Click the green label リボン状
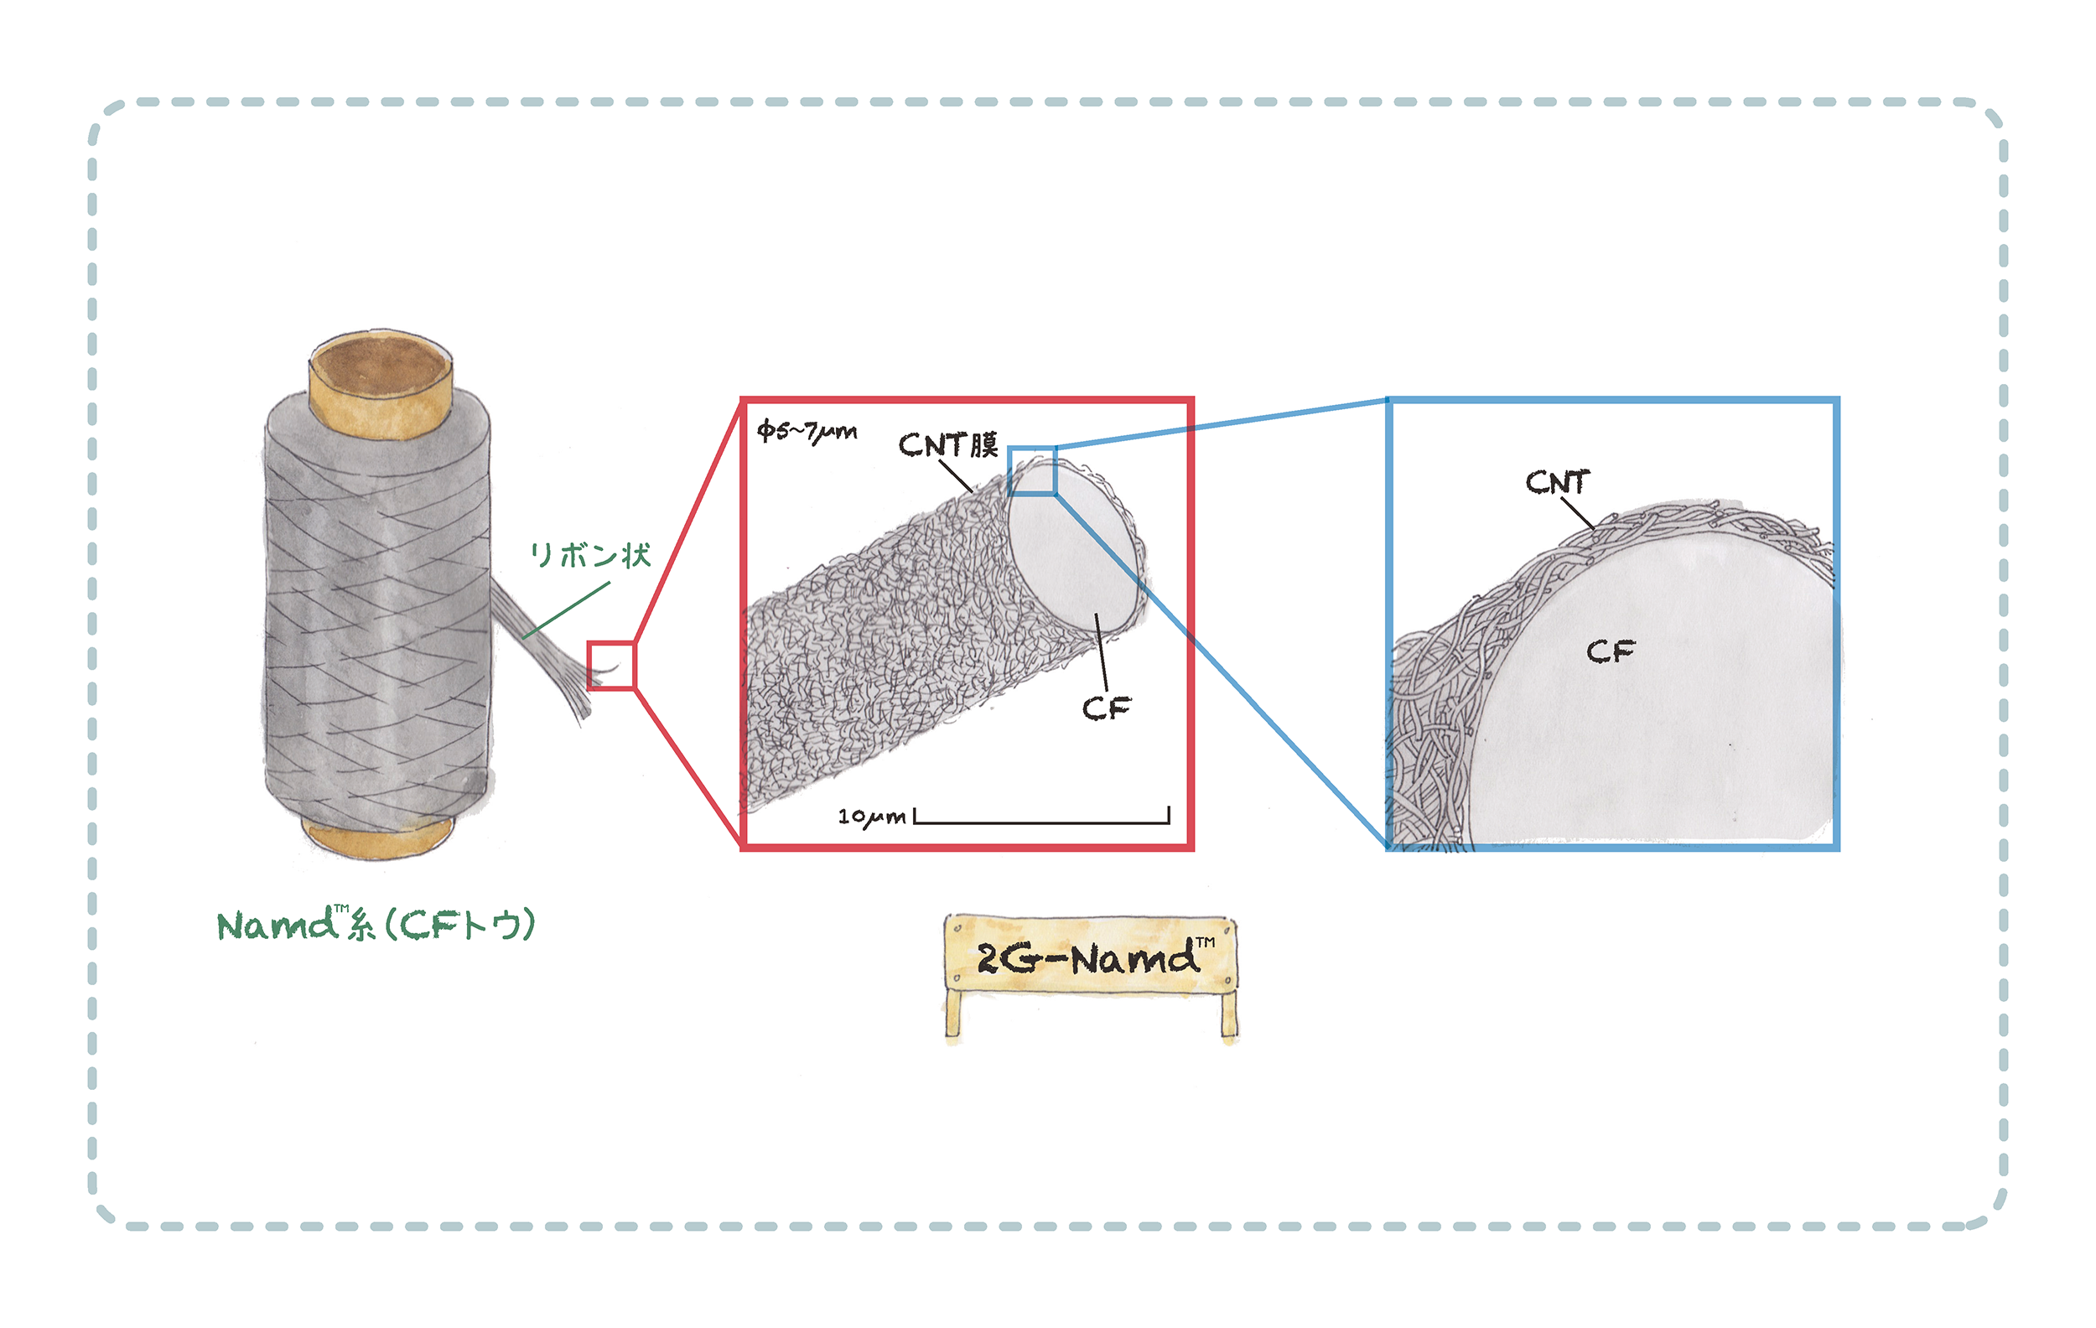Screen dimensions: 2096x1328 coord(590,554)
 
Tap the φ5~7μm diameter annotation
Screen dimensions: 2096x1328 coord(807,432)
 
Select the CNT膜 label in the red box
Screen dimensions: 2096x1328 coord(948,444)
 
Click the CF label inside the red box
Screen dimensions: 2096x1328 coord(1107,708)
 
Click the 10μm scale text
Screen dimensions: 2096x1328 coord(871,817)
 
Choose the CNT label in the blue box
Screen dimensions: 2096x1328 coord(1557,482)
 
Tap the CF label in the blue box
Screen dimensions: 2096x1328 coord(1611,651)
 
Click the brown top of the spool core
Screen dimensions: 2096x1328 coord(381,366)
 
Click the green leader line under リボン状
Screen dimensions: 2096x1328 coord(566,611)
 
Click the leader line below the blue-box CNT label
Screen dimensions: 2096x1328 coord(1577,513)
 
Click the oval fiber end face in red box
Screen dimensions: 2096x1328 coord(1074,547)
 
